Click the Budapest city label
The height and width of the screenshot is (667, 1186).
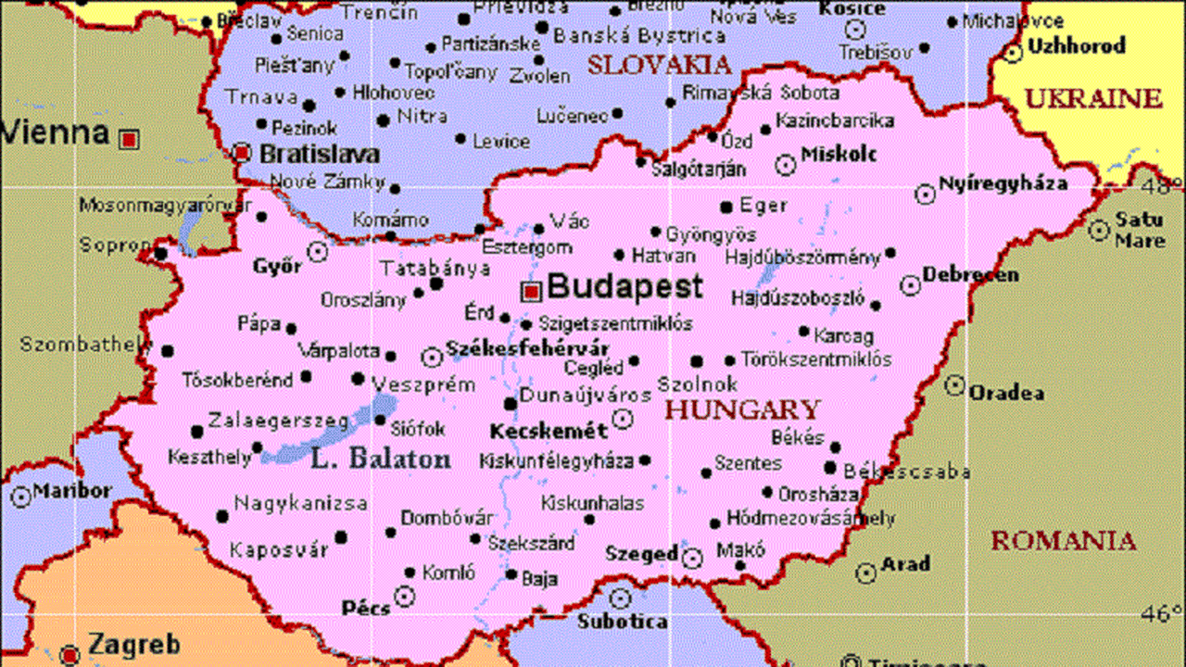625,286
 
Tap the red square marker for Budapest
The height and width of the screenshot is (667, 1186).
531,292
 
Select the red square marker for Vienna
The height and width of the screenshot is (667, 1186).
130,139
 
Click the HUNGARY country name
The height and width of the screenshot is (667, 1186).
743,409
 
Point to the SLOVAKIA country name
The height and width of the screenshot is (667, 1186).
659,65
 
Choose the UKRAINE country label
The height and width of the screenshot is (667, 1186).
1092,98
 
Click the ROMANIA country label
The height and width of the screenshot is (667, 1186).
1063,540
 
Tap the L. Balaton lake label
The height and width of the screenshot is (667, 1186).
381,459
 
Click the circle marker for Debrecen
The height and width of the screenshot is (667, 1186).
911,285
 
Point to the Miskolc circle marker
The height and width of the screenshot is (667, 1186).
785,165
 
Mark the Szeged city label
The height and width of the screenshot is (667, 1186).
641,554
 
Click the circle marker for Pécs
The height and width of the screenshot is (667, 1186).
404,596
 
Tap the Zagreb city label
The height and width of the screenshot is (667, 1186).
133,644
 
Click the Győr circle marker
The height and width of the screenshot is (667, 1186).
318,251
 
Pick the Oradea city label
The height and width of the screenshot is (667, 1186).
1006,393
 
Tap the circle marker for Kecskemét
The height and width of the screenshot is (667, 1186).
624,419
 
